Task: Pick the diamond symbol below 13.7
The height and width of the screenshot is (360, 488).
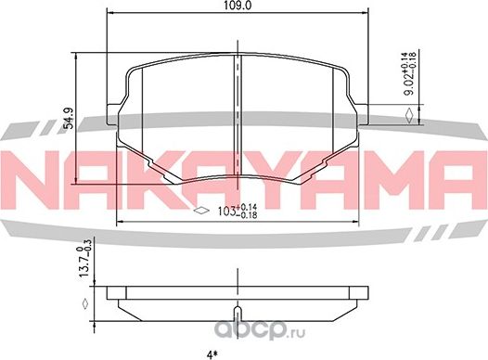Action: [84, 303]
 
